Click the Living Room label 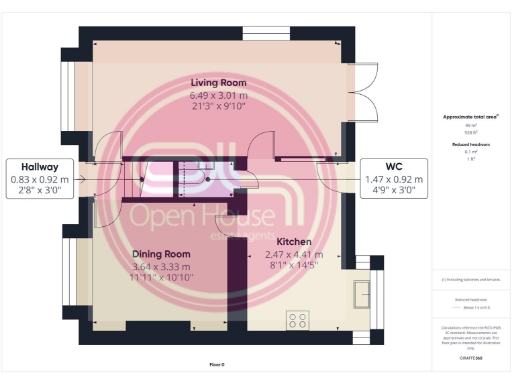219,82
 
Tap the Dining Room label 161,254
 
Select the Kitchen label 294,243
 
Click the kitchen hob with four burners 298,320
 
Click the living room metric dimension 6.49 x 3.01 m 219,95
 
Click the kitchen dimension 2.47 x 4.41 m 294,255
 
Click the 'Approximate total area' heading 470,117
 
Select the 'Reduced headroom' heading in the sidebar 470,145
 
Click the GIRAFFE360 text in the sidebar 470,355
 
